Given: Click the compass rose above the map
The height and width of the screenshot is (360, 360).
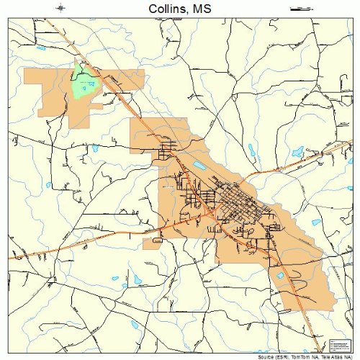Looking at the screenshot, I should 61,9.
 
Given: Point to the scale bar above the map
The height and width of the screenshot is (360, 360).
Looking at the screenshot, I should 297,9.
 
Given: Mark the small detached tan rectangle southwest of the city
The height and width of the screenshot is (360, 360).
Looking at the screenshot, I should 152,244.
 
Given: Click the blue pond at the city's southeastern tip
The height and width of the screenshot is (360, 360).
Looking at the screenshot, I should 281,274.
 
